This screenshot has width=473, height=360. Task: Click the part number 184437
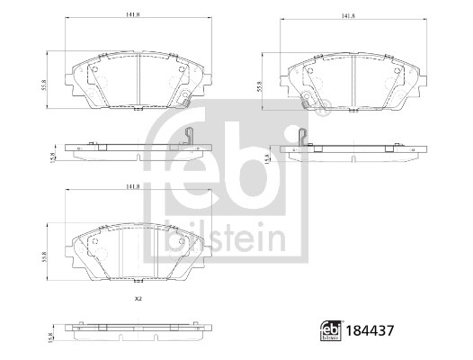pos(370,330)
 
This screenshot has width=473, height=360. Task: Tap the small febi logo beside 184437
pos(332,330)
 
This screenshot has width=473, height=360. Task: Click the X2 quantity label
pos(138,300)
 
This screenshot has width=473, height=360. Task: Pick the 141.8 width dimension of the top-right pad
pos(347,17)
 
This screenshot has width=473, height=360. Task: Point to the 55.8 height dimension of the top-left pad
pos(44,85)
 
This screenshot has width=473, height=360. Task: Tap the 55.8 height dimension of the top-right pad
pos(259,86)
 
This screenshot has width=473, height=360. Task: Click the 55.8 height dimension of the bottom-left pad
pos(45,256)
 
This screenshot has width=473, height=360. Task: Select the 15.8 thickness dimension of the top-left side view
pos(53,157)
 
